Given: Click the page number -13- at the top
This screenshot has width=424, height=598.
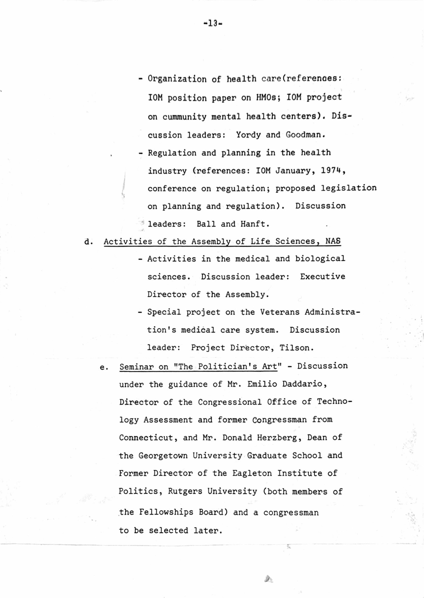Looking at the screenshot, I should [x=212, y=24].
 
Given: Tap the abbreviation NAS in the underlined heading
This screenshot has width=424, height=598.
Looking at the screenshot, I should [x=333, y=241].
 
